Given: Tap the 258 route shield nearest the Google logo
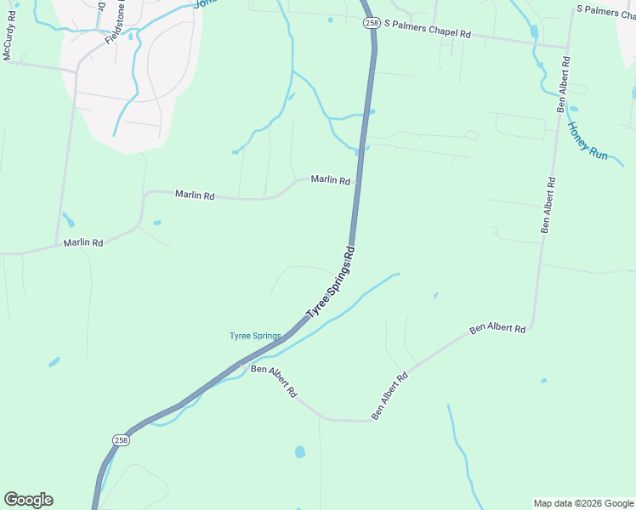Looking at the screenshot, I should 121,439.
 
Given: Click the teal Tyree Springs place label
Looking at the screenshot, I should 255,336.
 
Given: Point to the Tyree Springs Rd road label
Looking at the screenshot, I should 329,284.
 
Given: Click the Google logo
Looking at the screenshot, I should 28,500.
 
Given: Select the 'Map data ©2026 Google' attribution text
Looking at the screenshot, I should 583,503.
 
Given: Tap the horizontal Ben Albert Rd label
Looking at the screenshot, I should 497,328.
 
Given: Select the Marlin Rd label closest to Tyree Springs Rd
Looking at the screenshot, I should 331,180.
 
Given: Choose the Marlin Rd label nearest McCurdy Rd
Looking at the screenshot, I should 83,243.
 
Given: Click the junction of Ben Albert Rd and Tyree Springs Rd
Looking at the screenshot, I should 242,364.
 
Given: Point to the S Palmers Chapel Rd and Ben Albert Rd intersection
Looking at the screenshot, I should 567,48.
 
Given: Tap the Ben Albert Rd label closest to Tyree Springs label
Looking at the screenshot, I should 274,382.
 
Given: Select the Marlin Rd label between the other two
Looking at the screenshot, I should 195,195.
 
